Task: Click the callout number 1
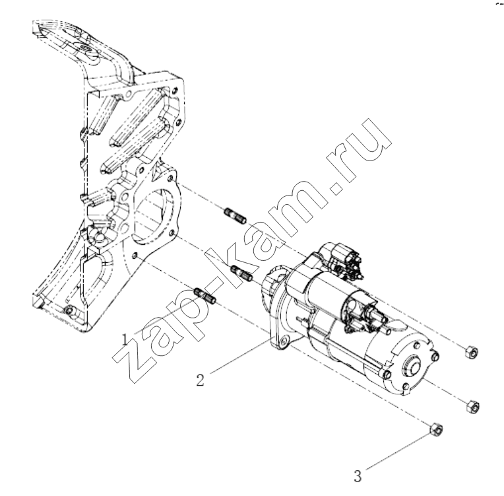tap(125, 339)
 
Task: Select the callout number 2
tap(201, 380)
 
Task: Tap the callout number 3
tap(358, 476)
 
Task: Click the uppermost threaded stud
tap(236, 216)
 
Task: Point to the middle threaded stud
tap(242, 272)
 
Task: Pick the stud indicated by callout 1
tap(206, 295)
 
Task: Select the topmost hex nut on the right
tap(471, 351)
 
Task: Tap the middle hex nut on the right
tap(473, 406)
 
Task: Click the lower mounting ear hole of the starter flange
tap(284, 341)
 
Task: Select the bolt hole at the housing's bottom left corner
tap(69, 310)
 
